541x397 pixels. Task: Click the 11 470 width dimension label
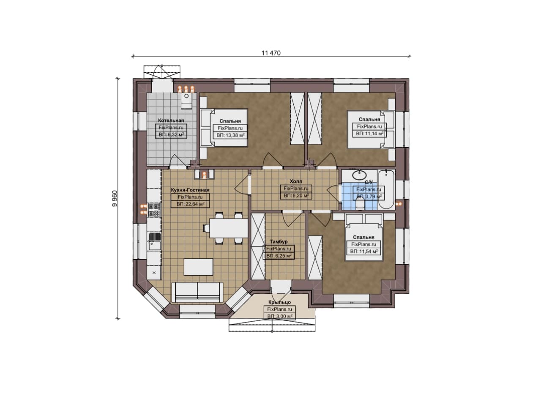(271, 53)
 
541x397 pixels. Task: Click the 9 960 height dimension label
(115, 199)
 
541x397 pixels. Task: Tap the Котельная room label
(171, 120)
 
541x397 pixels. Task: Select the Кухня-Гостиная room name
(190, 190)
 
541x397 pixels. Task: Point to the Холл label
(296, 181)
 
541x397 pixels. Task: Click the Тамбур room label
(279, 242)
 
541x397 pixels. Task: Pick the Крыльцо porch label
(279, 302)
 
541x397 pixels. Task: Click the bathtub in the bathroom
(386, 189)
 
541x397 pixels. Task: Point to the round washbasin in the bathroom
(360, 175)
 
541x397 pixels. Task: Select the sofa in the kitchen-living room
(197, 292)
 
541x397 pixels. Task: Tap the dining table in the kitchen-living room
(229, 228)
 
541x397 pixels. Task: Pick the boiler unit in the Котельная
(186, 101)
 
